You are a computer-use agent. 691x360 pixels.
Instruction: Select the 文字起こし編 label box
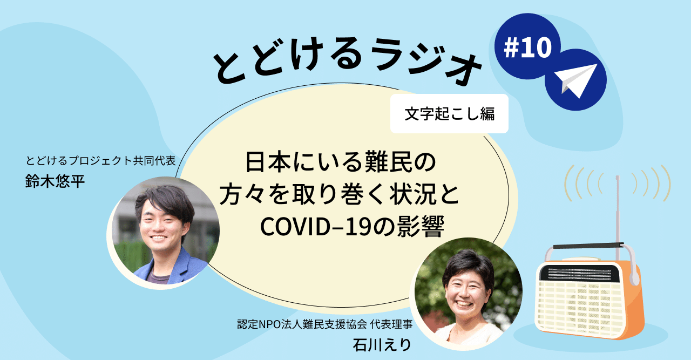click(x=449, y=114)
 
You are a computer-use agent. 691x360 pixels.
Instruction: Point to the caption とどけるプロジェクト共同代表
click(x=102, y=161)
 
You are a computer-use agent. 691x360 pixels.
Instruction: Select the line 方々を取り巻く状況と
click(x=338, y=194)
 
